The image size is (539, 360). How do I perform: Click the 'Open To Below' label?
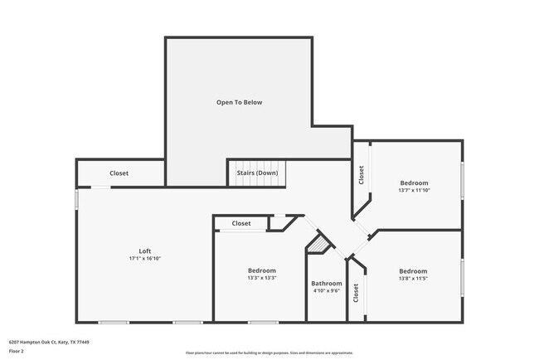[240, 102]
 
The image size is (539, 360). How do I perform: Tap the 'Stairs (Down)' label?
[257, 173]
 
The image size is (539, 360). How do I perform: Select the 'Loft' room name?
[144, 251]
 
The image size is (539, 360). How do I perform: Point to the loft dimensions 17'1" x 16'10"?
[144, 259]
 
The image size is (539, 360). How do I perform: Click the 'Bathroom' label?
[327, 283]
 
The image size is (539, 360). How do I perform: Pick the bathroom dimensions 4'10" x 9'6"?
[327, 291]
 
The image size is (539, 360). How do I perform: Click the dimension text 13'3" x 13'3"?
[262, 279]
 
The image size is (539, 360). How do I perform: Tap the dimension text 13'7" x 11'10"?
[414, 191]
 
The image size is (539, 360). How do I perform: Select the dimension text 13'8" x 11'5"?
[413, 279]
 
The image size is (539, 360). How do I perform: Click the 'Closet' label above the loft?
[119, 173]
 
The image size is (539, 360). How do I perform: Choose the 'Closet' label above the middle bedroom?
[241, 223]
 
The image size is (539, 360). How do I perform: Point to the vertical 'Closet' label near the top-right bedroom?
[361, 175]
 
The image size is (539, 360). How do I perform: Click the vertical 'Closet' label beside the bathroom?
[357, 293]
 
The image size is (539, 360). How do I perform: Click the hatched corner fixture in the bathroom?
[318, 246]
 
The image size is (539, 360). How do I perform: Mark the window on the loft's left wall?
[76, 199]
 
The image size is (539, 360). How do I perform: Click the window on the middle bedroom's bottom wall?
[261, 322]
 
